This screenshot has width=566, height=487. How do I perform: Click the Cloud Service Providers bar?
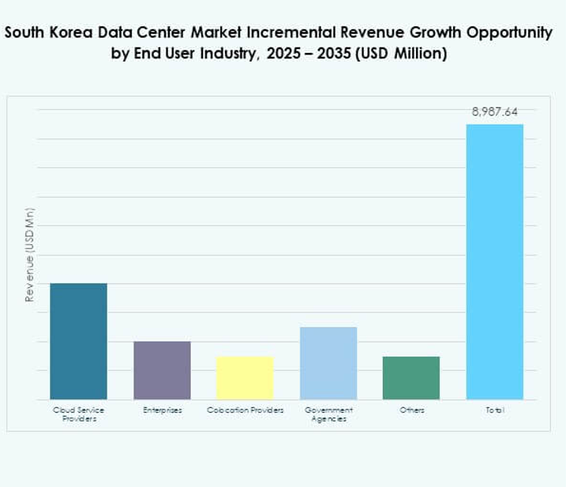(x=78, y=341)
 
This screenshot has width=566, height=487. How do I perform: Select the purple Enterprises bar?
(x=162, y=370)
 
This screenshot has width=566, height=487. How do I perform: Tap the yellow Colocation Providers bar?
(x=245, y=377)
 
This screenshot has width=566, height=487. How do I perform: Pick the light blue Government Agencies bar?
(x=328, y=363)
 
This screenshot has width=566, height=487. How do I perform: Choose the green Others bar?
(x=411, y=377)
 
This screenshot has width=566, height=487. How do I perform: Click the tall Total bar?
(x=495, y=261)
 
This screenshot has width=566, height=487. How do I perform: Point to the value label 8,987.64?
(x=495, y=111)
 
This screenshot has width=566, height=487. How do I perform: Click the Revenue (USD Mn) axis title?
(x=30, y=255)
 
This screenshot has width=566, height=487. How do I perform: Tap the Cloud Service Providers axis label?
(x=78, y=414)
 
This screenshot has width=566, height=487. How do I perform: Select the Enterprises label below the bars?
(x=162, y=410)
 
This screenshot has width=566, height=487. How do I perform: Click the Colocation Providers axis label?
(x=245, y=410)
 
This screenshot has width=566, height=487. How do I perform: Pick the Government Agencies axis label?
(x=328, y=414)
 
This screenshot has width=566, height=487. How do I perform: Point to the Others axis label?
(x=411, y=410)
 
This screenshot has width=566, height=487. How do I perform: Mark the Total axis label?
(x=495, y=410)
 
